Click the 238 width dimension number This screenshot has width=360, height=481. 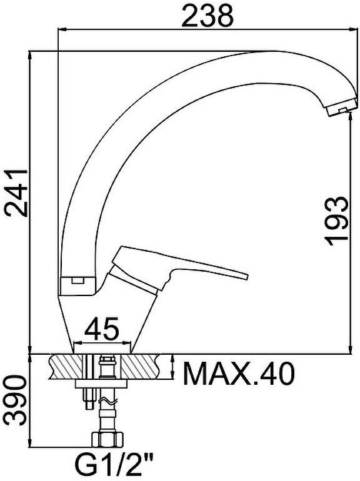point(207,15)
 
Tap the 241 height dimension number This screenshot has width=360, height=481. point(15,192)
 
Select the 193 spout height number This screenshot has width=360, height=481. point(336,221)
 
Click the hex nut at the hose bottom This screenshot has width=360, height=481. point(107,439)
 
